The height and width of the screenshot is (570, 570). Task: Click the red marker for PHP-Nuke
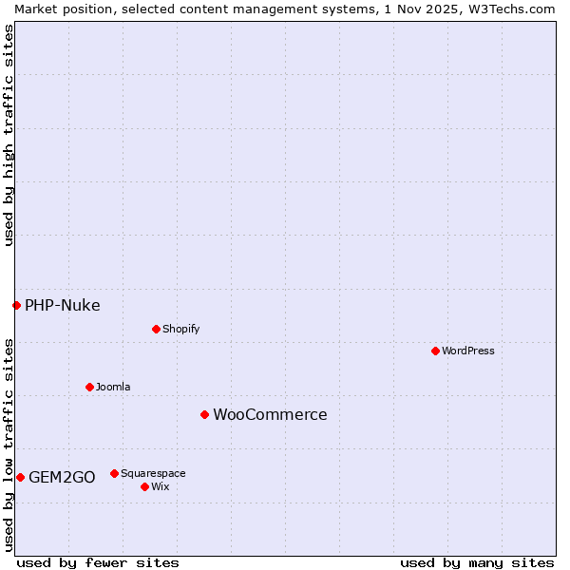coord(16,305)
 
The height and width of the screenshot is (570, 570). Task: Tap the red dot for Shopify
coord(156,329)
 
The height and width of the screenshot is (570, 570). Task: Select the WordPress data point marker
coord(435,351)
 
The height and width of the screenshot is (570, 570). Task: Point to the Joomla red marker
coord(89,387)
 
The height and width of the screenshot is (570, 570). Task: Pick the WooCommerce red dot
coord(204,414)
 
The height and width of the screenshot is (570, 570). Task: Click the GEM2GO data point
coord(20,477)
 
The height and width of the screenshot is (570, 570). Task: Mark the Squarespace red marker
coord(114,473)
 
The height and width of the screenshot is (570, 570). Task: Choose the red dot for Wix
coord(144,486)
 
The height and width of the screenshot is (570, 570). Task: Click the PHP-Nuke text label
coord(63,305)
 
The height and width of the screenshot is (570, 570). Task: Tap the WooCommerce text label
coord(270,414)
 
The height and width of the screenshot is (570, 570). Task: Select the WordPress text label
coord(468,351)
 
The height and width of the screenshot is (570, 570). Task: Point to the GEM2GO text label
coord(62,477)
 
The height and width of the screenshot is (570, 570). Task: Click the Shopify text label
coord(180,329)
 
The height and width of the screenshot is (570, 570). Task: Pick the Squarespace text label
coord(153,473)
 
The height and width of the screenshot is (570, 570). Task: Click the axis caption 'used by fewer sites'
coord(98,562)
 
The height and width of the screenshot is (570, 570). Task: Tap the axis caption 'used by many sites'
coord(477,562)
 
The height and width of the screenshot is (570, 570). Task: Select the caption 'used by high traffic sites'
coord(9,135)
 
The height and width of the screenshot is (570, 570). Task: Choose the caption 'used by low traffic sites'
coord(9,444)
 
